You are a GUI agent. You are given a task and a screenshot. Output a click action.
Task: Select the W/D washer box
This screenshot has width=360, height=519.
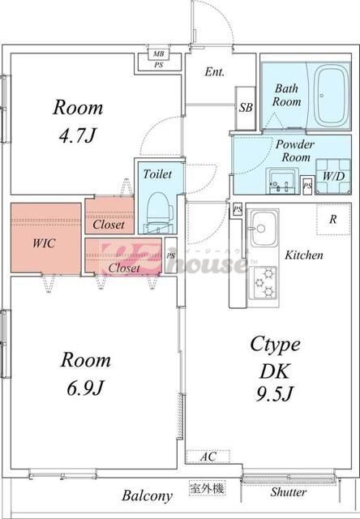[332, 176]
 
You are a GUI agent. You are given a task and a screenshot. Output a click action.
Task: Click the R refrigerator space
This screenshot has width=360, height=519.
[332, 219]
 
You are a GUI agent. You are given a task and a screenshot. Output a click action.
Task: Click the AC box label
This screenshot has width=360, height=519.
[208, 457]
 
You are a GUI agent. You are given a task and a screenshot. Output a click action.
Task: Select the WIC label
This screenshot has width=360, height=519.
[44, 242]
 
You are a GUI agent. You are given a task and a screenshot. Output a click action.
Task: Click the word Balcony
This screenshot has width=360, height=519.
[148, 495]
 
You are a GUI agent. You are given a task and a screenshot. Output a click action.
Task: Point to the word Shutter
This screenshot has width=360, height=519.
[288, 492]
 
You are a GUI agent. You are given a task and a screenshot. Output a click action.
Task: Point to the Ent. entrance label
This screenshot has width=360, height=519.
[214, 72]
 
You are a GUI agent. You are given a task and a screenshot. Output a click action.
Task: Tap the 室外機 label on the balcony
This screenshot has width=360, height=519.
[207, 488]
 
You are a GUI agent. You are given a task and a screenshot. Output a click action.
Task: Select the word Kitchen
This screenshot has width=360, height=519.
[303, 255]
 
